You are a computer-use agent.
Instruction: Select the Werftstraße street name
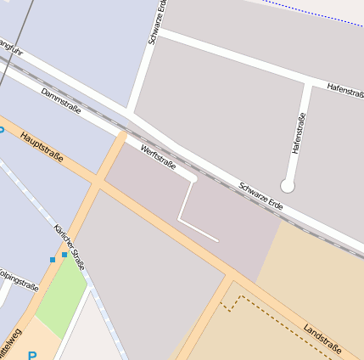[x=159, y=158]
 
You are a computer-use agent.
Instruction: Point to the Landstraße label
[x=322, y=337]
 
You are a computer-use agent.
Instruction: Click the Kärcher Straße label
[x=70, y=248]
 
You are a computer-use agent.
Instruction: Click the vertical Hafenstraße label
[x=297, y=133]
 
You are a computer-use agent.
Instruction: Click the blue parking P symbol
[x=33, y=356]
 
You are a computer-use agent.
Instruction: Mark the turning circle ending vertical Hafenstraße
[x=288, y=185]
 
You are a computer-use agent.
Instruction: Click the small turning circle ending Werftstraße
[x=193, y=179]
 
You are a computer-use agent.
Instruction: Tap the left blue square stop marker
[x=53, y=260]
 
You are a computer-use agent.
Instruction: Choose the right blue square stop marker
[x=64, y=254]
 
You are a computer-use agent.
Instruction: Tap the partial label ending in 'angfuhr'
[x=9, y=47]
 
